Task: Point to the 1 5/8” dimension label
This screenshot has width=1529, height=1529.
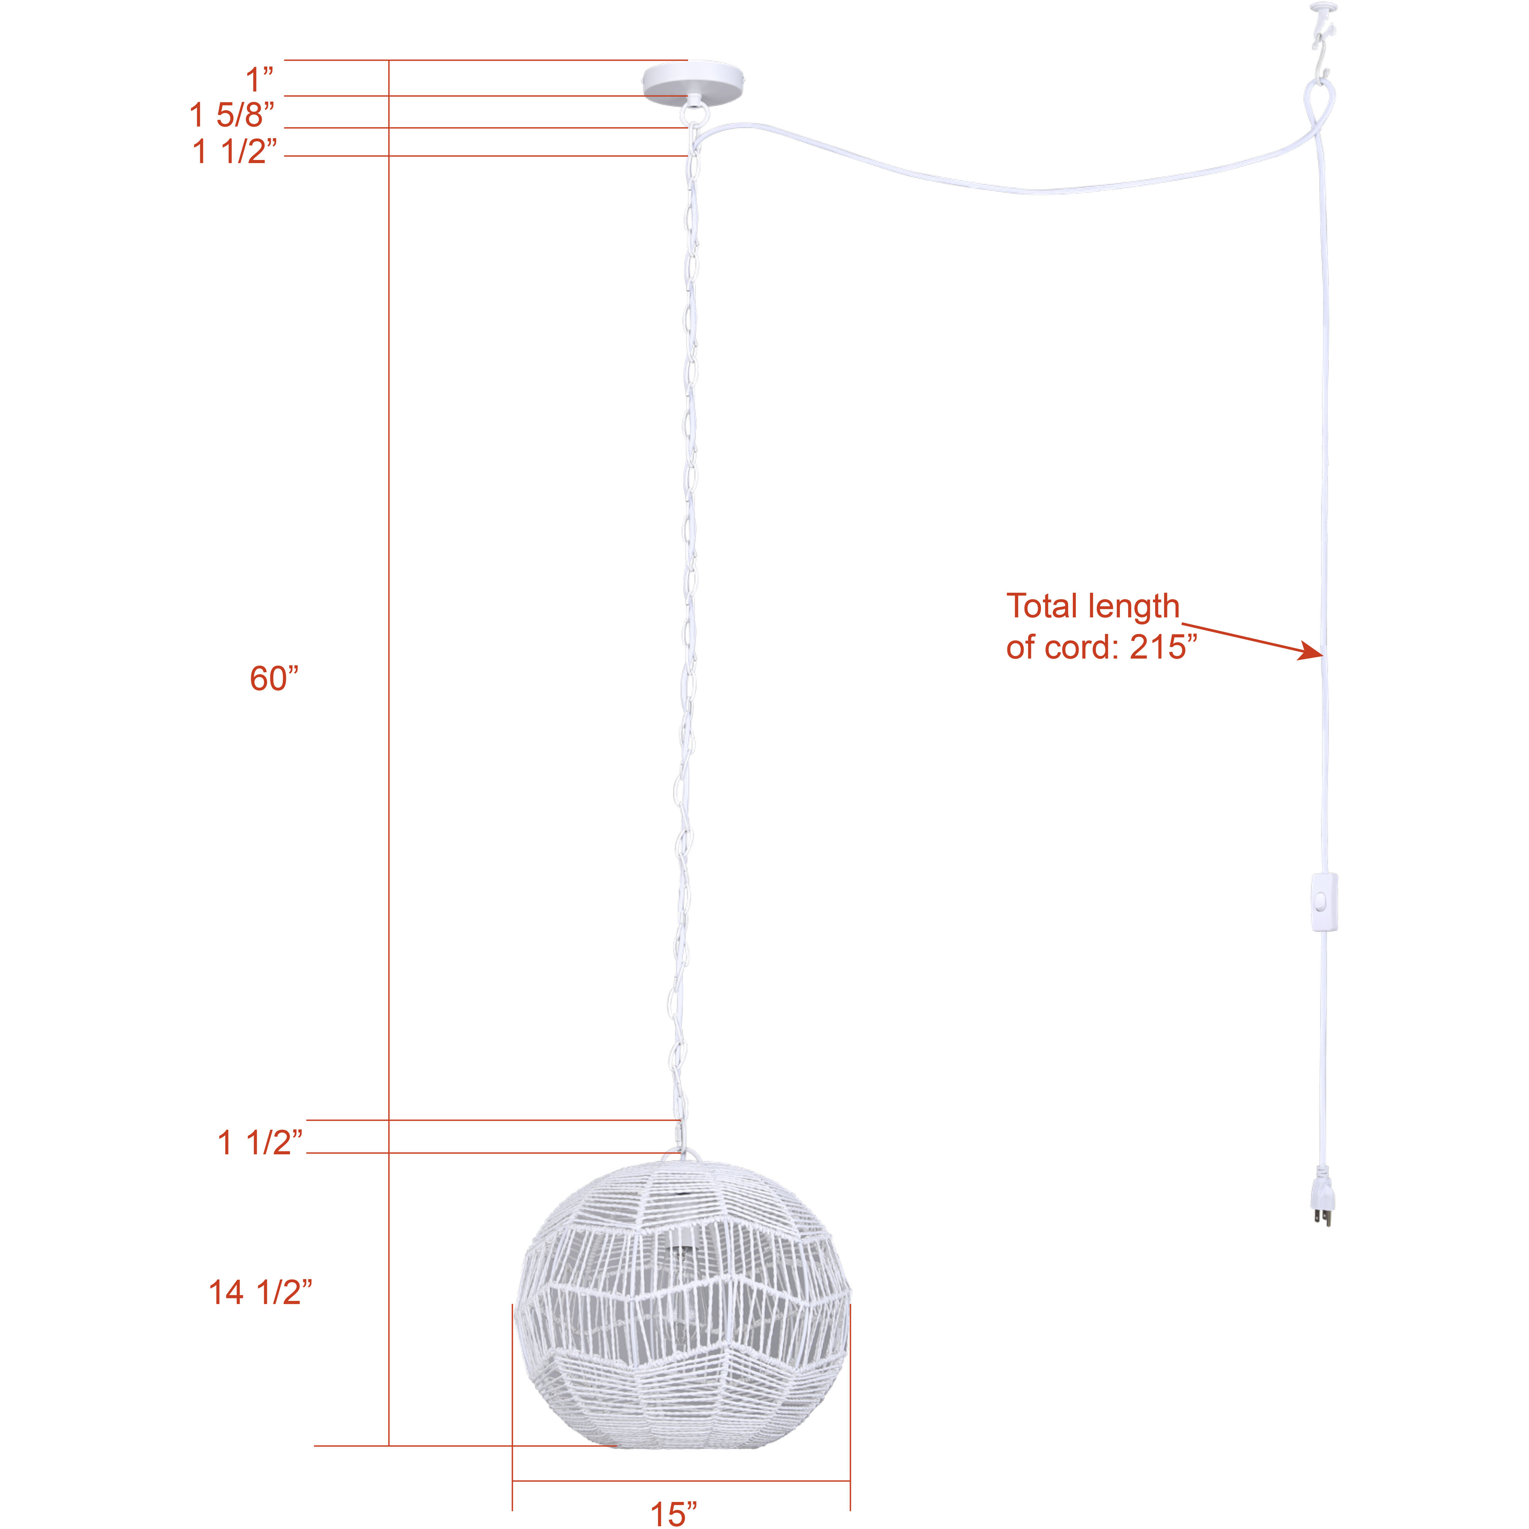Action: pyautogui.click(x=232, y=116)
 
